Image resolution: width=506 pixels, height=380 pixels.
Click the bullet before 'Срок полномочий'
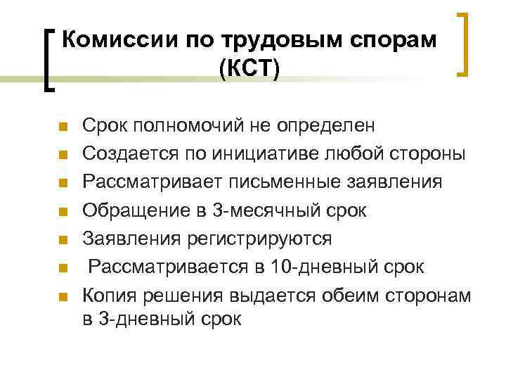click(62, 127)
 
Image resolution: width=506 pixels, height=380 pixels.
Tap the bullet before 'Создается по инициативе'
click(62, 155)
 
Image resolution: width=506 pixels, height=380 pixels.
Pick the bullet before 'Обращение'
click(62, 211)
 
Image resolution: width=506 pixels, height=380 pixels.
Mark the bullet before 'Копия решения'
click(62, 296)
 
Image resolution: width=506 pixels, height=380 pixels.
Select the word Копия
click(110, 295)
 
